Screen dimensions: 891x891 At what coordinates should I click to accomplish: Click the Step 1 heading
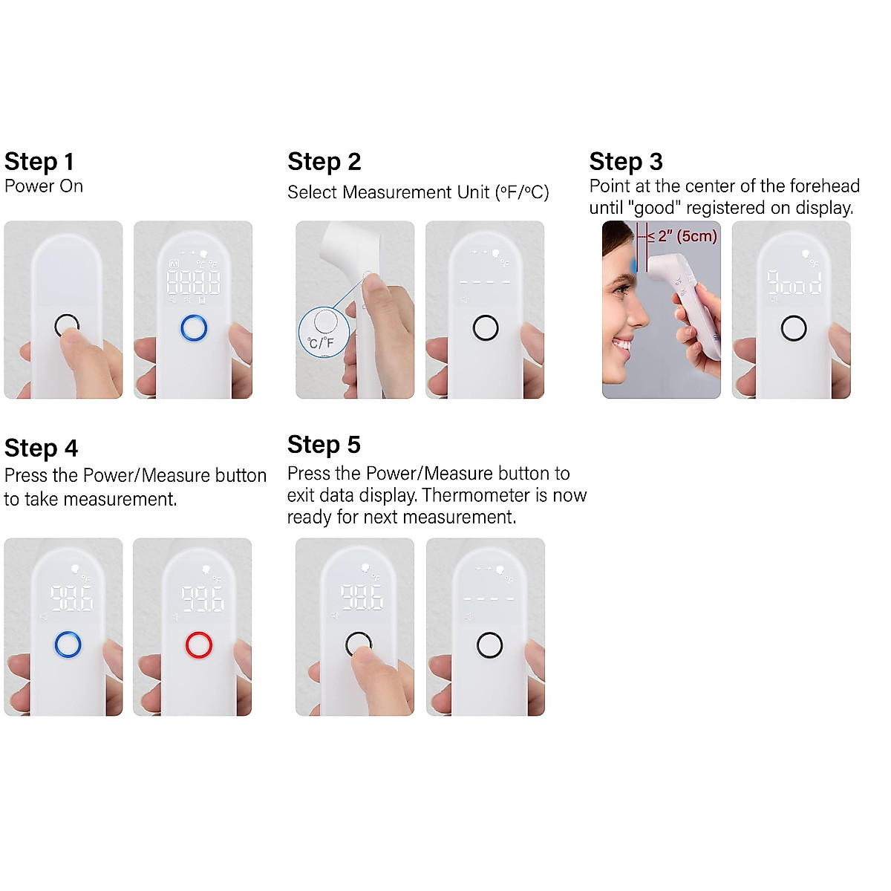[x=39, y=162]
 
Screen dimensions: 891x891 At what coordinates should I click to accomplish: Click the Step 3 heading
[x=625, y=162]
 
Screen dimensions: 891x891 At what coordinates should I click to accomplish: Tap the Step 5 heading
[x=324, y=445]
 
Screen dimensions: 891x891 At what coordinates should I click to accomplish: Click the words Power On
[x=44, y=186]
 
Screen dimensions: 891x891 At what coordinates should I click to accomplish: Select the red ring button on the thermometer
[x=199, y=645]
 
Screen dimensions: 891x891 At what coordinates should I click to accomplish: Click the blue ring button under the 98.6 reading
[x=68, y=645]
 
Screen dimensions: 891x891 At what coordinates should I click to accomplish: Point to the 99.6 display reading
[x=202, y=598]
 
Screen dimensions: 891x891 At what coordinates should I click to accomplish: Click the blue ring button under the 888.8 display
[x=194, y=327]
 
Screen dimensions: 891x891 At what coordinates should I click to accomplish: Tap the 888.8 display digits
[x=193, y=282]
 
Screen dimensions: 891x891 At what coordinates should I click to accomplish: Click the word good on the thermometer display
[x=794, y=283]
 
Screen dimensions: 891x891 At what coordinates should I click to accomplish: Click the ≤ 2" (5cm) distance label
[x=682, y=237]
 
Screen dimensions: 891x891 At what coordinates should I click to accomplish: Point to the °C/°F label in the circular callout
[x=321, y=343]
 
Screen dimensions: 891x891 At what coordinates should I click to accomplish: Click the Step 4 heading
[x=41, y=448]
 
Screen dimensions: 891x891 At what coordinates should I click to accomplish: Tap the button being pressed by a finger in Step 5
[x=359, y=644]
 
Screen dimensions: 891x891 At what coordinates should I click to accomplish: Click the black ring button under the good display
[x=794, y=327]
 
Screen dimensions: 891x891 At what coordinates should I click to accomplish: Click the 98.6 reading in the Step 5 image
[x=362, y=597]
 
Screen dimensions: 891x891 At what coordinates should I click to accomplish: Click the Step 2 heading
[x=324, y=162]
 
